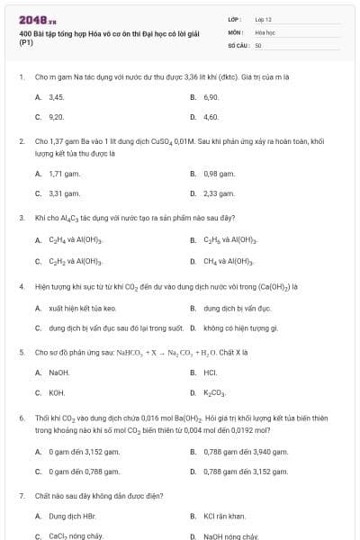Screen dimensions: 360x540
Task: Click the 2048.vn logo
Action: coord(38,19)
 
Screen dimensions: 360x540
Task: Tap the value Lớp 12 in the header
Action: coord(264,19)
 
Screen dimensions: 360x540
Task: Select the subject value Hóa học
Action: coord(265,31)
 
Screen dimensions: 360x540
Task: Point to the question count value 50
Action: coord(258,44)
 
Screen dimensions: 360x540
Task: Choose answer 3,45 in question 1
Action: coord(56,96)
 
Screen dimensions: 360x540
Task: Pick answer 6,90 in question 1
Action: coord(211,96)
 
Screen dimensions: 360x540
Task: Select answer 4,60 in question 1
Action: coord(211,117)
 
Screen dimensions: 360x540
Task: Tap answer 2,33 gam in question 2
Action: coord(219,193)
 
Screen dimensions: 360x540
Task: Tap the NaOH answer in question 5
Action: coord(58,372)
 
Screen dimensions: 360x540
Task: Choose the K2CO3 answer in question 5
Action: coord(215,393)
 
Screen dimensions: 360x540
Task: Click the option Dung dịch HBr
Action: coord(71,516)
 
